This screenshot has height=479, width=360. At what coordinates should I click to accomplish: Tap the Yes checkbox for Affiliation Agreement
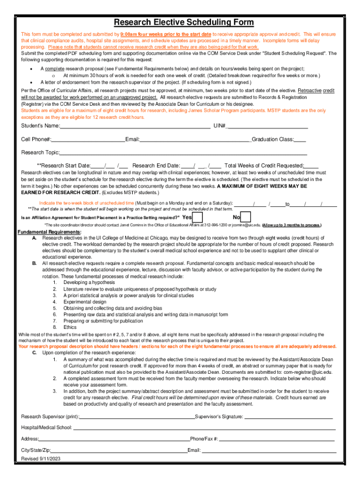pos(198,218)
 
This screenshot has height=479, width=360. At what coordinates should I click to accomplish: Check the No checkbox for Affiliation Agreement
pos(246,218)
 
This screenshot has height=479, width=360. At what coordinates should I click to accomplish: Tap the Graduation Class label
pos(273,139)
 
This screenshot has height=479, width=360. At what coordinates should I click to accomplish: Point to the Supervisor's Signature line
pos(288,417)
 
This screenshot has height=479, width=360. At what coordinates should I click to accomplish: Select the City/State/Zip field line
pos(119,451)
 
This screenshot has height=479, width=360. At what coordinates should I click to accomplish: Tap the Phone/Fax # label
pos(204,439)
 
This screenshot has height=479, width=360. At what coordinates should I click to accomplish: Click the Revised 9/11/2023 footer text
pos(41,459)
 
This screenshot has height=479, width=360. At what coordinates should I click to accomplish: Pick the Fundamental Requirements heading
pos(50,232)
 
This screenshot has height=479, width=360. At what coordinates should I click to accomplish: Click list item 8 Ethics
pos(70,328)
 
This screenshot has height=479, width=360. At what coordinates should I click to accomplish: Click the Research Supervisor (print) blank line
pos(137,417)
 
